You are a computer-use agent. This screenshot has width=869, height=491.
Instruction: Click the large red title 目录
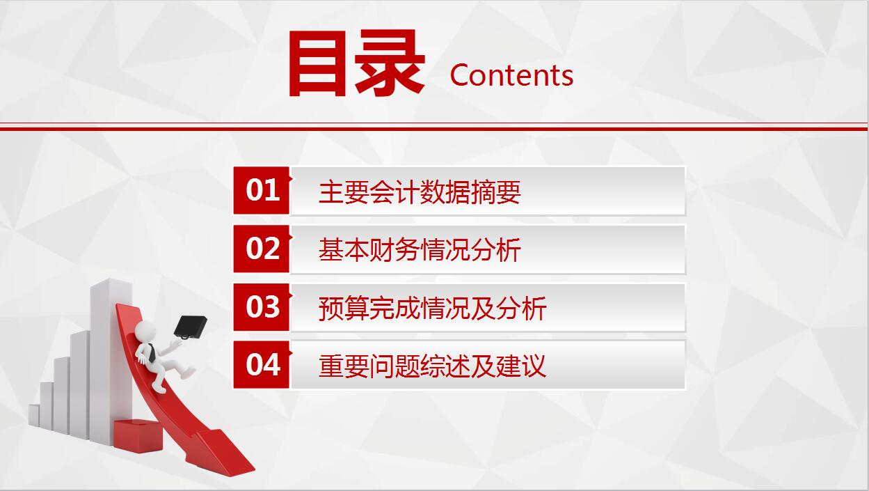356,64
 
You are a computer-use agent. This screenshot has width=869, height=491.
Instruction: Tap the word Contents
511,75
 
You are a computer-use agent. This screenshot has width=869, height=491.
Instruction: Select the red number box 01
262,190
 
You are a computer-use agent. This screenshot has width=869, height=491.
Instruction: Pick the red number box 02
262,249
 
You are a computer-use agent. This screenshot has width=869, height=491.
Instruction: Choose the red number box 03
262,306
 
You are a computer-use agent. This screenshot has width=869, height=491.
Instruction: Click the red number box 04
262,364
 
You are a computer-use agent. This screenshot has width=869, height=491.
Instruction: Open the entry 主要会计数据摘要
420,192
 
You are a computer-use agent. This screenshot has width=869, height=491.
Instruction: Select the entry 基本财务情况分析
420,250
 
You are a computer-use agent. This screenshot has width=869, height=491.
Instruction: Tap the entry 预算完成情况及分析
432,308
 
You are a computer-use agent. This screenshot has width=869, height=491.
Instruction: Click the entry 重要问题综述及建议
432,366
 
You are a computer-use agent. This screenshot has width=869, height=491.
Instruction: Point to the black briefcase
190,326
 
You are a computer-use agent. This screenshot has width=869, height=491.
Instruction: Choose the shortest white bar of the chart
33,415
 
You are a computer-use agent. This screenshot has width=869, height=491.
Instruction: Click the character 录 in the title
390,64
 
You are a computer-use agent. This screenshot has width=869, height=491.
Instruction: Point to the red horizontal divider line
434,128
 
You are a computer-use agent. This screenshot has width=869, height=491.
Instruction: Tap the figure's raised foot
189,373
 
